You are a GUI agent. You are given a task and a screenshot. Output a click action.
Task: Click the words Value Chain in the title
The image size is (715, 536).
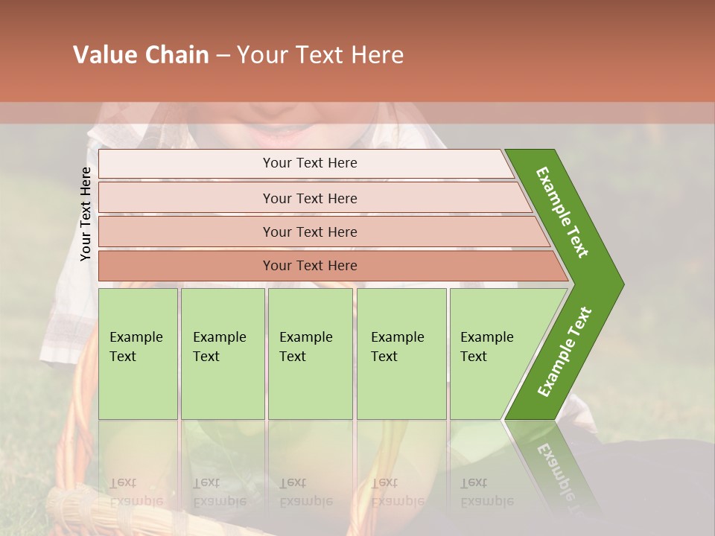[x=141, y=55]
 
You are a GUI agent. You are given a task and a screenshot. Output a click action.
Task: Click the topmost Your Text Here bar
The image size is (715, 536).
[x=309, y=163]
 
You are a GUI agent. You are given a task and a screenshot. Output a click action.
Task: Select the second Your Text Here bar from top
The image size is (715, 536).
[x=309, y=198]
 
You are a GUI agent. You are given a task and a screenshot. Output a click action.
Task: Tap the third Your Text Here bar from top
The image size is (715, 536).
[x=309, y=232]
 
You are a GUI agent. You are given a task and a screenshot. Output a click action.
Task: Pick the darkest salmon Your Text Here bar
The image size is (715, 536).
[x=309, y=266]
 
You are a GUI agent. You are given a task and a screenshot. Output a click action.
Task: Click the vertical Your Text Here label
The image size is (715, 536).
[x=86, y=214]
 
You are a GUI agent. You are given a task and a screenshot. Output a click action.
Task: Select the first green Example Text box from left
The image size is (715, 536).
[x=138, y=354]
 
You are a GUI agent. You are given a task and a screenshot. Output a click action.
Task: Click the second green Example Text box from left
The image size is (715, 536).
[x=222, y=354]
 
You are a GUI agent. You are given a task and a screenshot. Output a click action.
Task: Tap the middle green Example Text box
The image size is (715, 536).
[x=310, y=354]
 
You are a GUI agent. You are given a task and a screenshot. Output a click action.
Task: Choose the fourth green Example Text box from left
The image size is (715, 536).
[x=401, y=354]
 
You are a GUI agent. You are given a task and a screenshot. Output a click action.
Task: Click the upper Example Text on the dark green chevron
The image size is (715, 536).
[x=562, y=212]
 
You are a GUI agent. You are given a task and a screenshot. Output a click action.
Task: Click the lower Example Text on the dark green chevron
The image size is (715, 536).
[x=565, y=352]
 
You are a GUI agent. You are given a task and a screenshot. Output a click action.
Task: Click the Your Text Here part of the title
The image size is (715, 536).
[x=320, y=55]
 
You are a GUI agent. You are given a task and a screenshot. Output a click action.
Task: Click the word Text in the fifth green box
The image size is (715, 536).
[x=474, y=357]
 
